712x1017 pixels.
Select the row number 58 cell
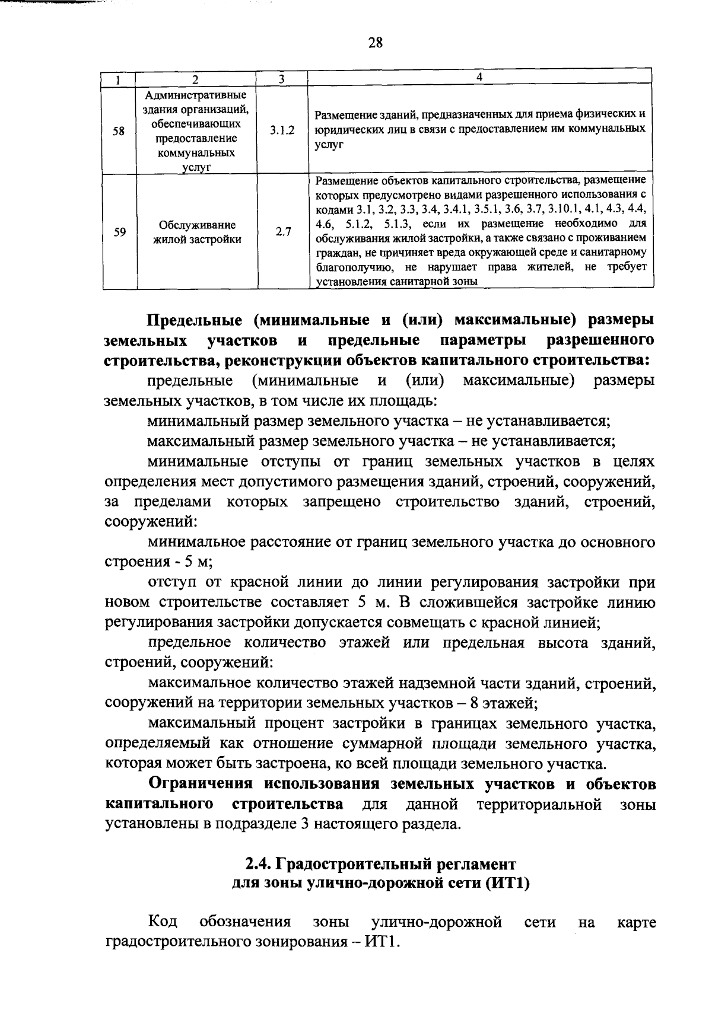point(119,131)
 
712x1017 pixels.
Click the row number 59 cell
point(119,232)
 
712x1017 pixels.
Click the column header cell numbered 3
point(282,78)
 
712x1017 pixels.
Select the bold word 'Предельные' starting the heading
point(194,321)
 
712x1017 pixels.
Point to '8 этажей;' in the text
point(504,703)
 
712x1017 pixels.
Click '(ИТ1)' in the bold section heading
point(507,884)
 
